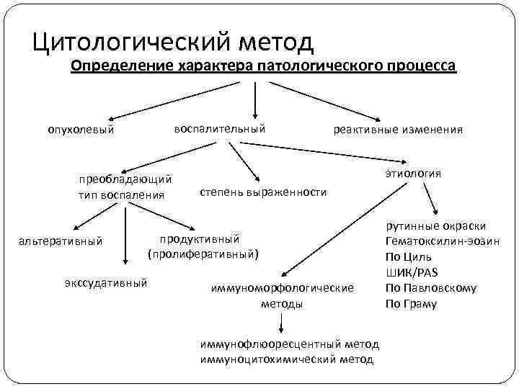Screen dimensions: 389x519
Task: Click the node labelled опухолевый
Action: coord(81,130)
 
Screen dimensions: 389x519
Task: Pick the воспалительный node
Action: coord(219,128)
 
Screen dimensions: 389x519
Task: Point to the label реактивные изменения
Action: coord(397,130)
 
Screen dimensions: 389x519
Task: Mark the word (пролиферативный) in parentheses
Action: coord(202,254)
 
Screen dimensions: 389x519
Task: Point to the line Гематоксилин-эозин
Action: coord(442,241)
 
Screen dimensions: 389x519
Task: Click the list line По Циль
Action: coord(409,256)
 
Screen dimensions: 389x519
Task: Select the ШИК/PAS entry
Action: coord(412,272)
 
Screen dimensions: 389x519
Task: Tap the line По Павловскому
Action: coord(430,288)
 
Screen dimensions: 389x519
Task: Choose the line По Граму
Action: coord(411,304)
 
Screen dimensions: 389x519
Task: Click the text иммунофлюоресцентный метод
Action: coord(290,344)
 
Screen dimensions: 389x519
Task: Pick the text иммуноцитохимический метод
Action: coord(287,359)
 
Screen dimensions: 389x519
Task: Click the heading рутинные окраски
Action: coord(435,225)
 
